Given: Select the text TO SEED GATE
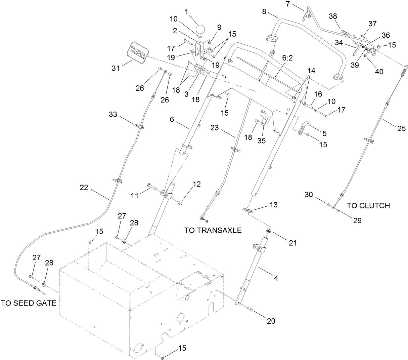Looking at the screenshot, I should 28,303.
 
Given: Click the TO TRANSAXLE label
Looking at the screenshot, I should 213,231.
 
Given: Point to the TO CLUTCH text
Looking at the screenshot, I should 368,206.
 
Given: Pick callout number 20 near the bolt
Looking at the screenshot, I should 271,321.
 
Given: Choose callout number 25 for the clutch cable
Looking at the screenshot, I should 401,128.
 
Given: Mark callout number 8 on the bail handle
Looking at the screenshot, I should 264,12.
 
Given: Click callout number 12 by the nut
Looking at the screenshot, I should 196,184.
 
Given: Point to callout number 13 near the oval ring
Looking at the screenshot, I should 274,205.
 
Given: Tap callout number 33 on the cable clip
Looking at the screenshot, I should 113,115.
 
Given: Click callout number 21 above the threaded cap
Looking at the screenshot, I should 293,242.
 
